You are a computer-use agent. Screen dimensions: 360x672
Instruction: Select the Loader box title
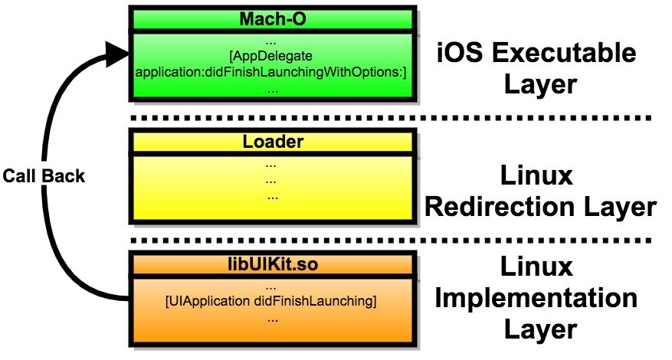pos(273,141)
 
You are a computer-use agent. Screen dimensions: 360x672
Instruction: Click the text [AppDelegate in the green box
pos(272,56)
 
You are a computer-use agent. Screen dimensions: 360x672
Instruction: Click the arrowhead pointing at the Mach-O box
pos(115,52)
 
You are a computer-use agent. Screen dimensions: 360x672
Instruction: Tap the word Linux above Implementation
pos(539,267)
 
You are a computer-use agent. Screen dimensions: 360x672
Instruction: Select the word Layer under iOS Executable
pos(539,83)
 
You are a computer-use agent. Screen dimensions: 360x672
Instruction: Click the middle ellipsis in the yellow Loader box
pos(270,181)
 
